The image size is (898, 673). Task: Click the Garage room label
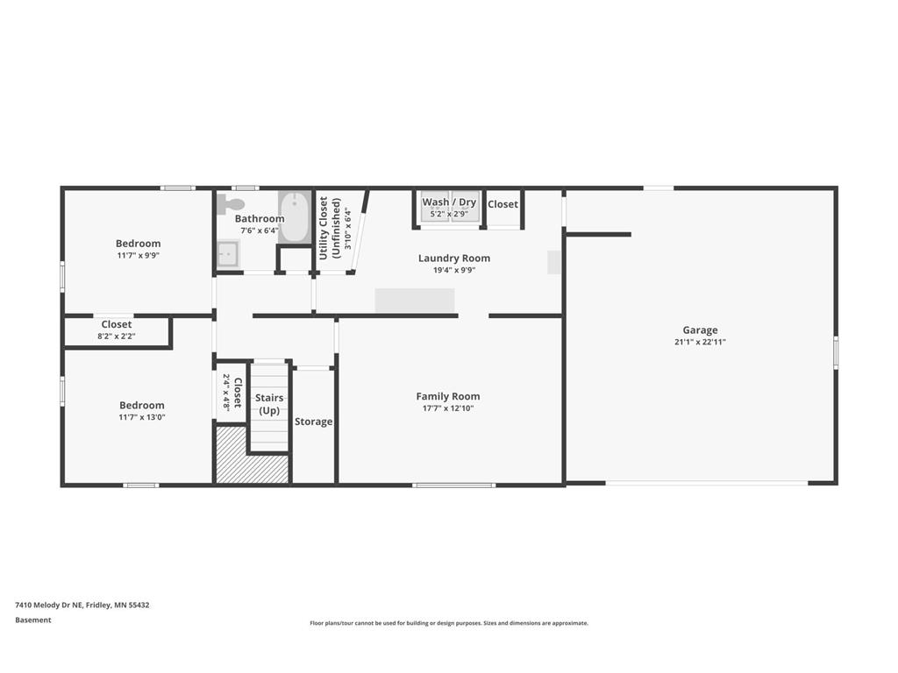(700, 330)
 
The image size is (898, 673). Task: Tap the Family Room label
(448, 396)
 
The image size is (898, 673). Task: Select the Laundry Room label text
(453, 259)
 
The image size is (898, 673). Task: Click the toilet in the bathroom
(230, 204)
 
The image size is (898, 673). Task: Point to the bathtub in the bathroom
(295, 216)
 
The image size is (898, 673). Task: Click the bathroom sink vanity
(228, 254)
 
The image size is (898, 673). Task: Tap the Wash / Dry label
(449, 202)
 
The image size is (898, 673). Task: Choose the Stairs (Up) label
(269, 404)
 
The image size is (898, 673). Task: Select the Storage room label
(313, 422)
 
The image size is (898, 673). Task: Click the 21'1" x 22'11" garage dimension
(700, 343)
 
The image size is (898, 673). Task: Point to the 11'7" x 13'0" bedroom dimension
(142, 417)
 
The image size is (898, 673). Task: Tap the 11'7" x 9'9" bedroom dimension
(139, 256)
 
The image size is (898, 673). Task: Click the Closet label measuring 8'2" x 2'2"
(117, 324)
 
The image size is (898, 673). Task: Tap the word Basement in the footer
(33, 620)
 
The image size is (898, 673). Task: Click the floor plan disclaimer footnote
(448, 623)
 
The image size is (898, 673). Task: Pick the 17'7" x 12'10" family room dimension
(448, 408)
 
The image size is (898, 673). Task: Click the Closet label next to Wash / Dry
(502, 204)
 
